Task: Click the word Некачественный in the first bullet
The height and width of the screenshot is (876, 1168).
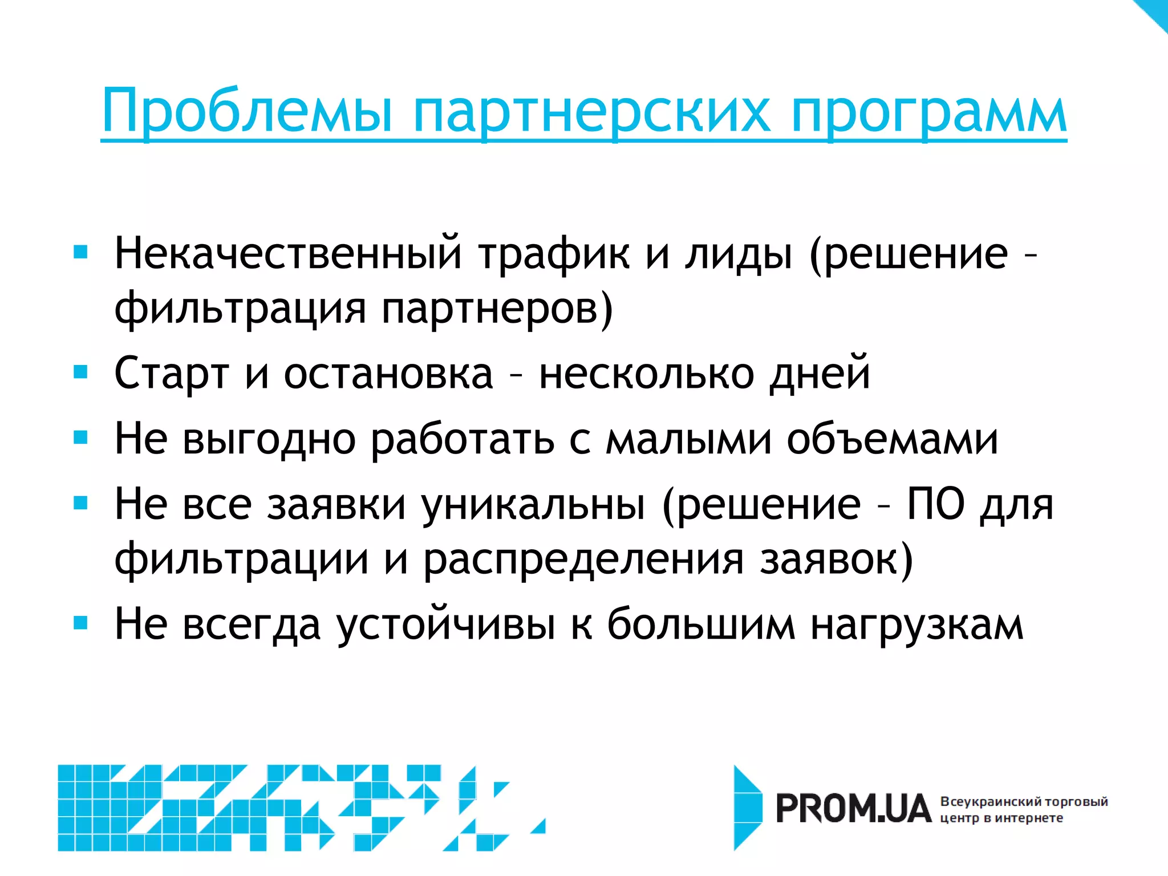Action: point(288,254)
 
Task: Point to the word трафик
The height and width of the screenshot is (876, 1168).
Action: point(554,254)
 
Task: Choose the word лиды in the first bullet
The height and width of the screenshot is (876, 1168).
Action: point(739,254)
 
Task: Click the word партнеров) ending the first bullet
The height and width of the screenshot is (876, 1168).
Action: point(497,309)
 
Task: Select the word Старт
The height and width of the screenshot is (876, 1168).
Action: point(172,374)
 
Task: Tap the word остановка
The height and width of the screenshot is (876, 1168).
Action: point(388,374)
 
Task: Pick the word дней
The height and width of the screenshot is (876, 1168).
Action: point(820,374)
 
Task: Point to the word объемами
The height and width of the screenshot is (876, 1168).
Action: point(893,439)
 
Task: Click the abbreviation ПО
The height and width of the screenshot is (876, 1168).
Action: point(935,505)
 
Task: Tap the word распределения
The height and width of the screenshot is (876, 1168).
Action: point(583,559)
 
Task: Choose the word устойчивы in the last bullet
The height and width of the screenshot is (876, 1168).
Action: point(445,624)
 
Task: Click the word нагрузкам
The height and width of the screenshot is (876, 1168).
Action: point(917,624)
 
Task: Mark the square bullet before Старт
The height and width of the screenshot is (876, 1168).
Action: point(81,372)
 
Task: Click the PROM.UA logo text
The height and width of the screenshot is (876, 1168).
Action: point(853,809)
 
